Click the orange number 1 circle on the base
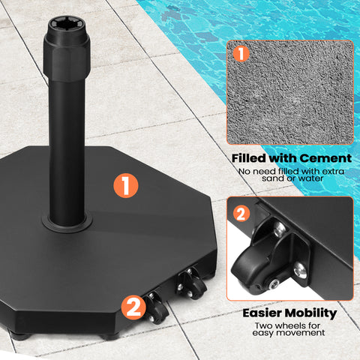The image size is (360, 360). [x=127, y=183]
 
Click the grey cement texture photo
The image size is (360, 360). [x=289, y=93]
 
